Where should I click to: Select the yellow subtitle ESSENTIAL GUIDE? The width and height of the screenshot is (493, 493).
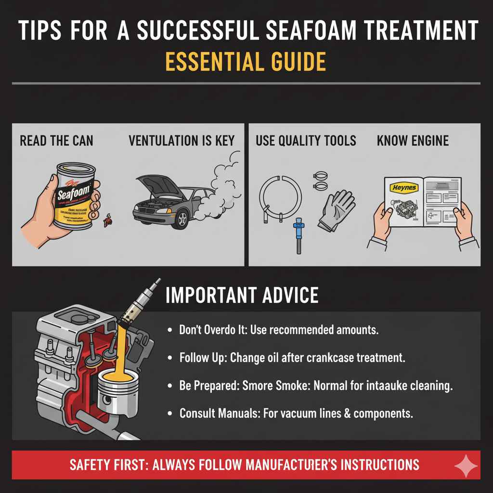tap(246, 62)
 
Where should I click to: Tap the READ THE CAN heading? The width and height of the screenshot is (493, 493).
tap(56, 141)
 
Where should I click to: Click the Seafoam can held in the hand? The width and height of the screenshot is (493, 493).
tap(73, 197)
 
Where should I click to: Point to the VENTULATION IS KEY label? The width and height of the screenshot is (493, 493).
tap(182, 141)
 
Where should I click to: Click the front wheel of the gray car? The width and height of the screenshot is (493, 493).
tap(182, 219)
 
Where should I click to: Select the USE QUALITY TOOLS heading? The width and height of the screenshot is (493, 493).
tap(306, 141)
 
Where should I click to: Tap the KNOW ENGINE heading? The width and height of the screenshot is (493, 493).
tap(413, 141)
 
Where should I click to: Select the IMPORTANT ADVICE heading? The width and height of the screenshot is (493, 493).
tap(242, 295)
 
